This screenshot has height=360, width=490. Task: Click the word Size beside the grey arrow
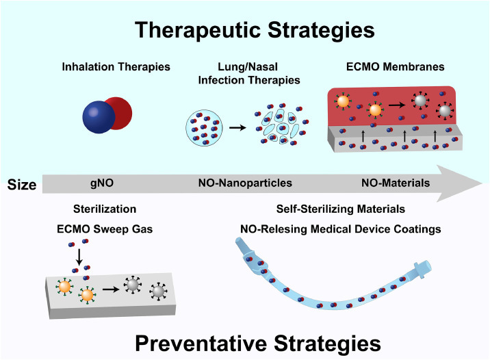tap(21, 183)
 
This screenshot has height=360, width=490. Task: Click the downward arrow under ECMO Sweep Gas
tap(80, 259)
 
